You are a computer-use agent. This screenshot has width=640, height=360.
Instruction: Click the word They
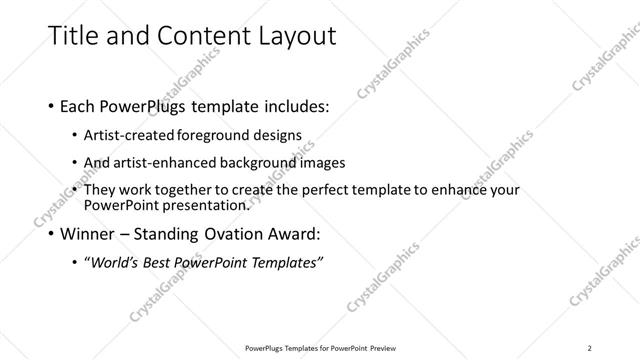101,189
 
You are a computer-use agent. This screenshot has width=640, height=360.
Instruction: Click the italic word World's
114,263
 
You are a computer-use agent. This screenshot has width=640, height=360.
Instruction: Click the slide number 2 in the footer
590,348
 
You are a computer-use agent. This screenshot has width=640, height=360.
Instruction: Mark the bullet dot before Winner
52,236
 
